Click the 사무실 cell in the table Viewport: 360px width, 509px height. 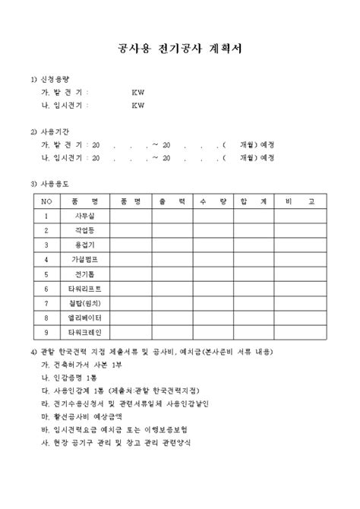click(x=84, y=215)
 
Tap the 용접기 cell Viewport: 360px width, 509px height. click(x=84, y=245)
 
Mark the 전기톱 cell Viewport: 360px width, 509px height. click(x=84, y=274)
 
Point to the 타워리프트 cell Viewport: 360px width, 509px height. click(x=84, y=289)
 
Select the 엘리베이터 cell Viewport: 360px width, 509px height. click(x=84, y=318)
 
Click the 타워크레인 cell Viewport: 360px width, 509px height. click(x=84, y=333)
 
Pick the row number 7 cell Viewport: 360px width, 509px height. click(x=46, y=303)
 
